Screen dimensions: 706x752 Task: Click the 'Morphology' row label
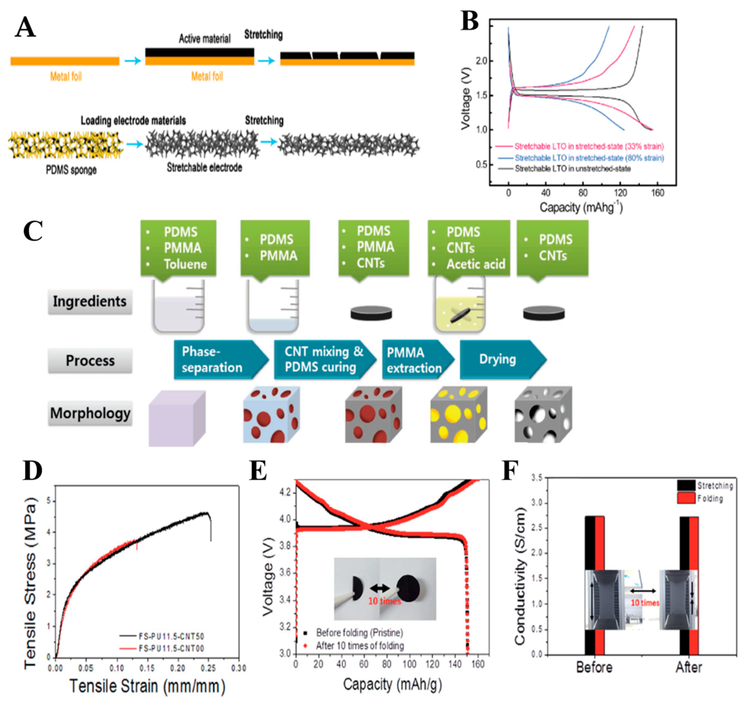coord(90,413)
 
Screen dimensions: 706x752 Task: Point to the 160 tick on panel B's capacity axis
coord(657,193)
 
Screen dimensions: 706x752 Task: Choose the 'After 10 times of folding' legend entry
coord(360,646)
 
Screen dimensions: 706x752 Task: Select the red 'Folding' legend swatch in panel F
coord(686,498)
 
